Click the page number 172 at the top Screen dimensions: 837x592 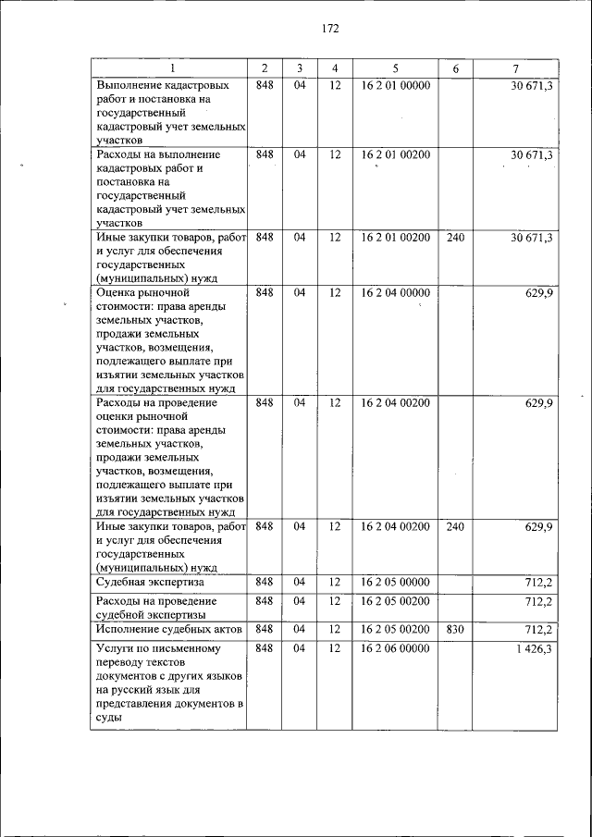330,29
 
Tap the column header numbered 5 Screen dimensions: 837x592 395,68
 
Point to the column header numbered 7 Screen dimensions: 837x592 514,68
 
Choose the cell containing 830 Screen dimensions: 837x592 454,630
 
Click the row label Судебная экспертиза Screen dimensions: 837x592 150,583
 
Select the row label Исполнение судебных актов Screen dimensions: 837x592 169,630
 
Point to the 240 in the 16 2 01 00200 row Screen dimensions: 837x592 454,238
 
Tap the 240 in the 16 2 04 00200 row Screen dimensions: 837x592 454,526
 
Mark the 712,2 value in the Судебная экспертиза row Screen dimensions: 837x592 537,583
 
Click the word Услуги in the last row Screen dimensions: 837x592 117,649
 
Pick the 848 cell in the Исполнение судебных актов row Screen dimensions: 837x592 265,630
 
